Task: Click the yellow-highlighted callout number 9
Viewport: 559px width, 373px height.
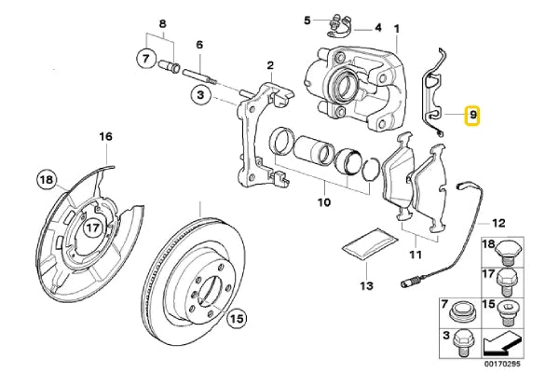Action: [x=472, y=117]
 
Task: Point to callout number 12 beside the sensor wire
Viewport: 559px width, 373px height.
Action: [x=498, y=224]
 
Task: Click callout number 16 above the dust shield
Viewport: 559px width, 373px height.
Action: [x=105, y=138]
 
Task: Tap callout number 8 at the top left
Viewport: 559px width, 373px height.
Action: [x=163, y=23]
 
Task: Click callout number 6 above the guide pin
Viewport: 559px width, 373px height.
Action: [x=198, y=46]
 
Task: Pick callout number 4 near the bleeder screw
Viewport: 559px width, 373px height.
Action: [x=378, y=28]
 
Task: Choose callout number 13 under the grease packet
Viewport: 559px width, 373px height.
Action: [x=366, y=285]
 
